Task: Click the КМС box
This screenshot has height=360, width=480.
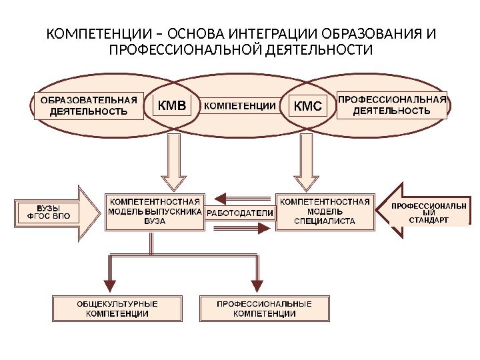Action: click(307, 106)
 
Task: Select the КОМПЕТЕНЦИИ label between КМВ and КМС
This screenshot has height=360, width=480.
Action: click(239, 105)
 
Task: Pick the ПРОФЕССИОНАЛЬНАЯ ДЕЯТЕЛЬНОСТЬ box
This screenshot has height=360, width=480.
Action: click(391, 105)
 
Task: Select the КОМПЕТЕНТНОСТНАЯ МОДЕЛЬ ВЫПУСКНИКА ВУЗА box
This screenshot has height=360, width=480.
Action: click(155, 211)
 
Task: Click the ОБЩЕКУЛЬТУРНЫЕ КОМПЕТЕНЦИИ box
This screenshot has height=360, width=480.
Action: click(117, 308)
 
